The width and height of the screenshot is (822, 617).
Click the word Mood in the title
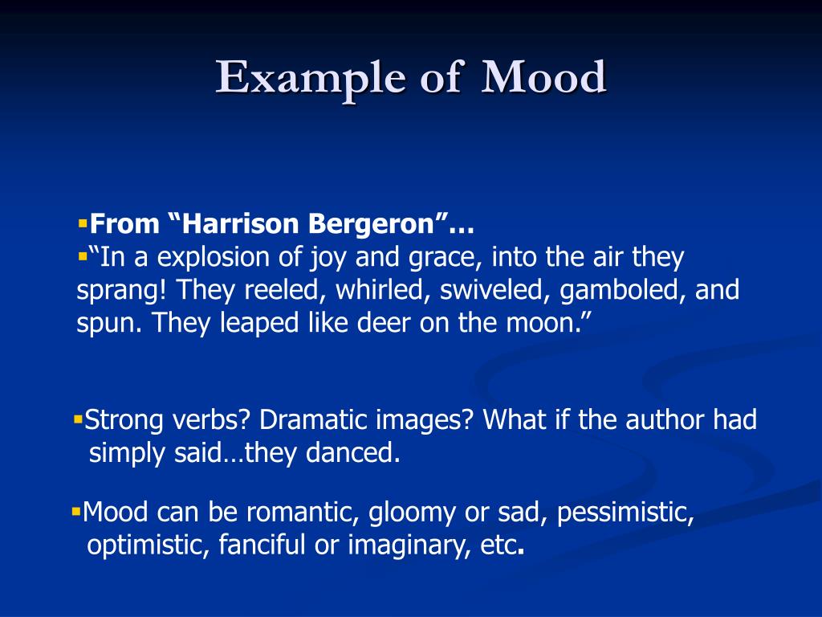pyautogui.click(x=543, y=77)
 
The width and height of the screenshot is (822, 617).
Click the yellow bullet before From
pyautogui.click(x=83, y=223)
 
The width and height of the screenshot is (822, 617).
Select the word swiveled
pyautogui.click(x=494, y=290)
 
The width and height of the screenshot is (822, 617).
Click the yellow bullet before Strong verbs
pyautogui.click(x=79, y=419)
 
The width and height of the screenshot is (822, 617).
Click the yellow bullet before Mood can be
pyautogui.click(x=76, y=511)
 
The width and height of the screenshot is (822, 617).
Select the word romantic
pyautogui.click(x=303, y=512)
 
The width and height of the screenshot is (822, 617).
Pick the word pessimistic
pyautogui.click(x=625, y=513)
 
